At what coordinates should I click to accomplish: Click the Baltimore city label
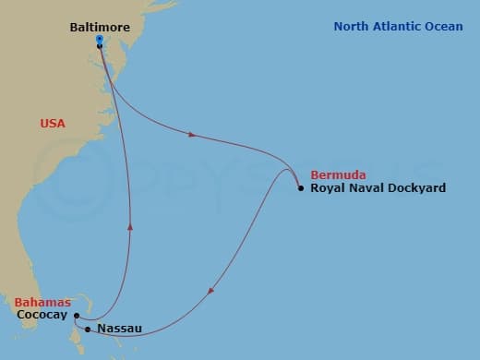pos(101,28)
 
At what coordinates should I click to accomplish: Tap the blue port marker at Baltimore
pos(99,40)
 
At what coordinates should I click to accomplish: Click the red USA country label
pos(53,123)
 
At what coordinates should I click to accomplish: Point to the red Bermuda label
pos(339,174)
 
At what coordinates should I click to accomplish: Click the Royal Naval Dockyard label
pos(378,188)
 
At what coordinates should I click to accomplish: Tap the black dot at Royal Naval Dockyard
pos(301,188)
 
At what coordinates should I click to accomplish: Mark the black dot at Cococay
pos(77,316)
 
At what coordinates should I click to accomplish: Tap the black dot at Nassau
pos(88,329)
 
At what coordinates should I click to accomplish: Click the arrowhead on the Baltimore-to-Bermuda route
pos(192,135)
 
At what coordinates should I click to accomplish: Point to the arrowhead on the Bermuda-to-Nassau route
pos(211,293)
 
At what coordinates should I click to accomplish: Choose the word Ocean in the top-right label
pos(449,27)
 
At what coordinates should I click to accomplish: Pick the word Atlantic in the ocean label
pos(403,27)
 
